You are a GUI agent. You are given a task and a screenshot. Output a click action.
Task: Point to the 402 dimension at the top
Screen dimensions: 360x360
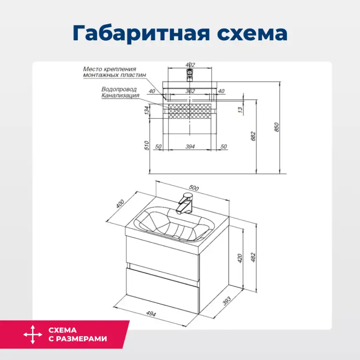[x=190, y=64]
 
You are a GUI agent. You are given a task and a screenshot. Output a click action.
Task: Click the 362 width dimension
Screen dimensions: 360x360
[x=190, y=91]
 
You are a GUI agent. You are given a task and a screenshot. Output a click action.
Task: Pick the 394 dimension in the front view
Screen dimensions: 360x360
[x=190, y=147]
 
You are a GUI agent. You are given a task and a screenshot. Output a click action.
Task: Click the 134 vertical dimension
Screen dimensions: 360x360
[x=146, y=111]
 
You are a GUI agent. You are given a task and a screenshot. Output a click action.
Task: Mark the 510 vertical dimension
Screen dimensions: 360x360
[x=146, y=145]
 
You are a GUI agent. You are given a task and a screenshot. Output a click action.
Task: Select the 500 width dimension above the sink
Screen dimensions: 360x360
[x=193, y=187]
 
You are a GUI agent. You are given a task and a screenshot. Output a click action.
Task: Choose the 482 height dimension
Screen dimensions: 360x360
[x=253, y=258]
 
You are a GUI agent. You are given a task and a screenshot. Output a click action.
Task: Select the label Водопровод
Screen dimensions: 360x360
[x=119, y=89]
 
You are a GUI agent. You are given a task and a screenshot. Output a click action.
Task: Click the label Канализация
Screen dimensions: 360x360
[x=120, y=95]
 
